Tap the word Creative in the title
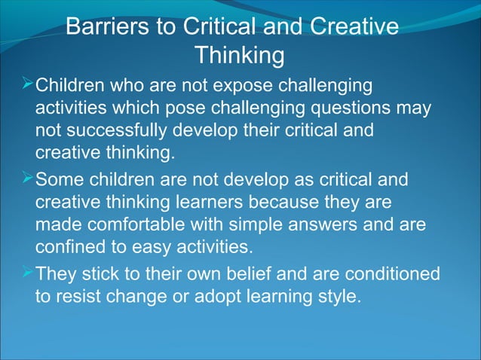pos(353,27)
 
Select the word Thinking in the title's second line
pos(240,56)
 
